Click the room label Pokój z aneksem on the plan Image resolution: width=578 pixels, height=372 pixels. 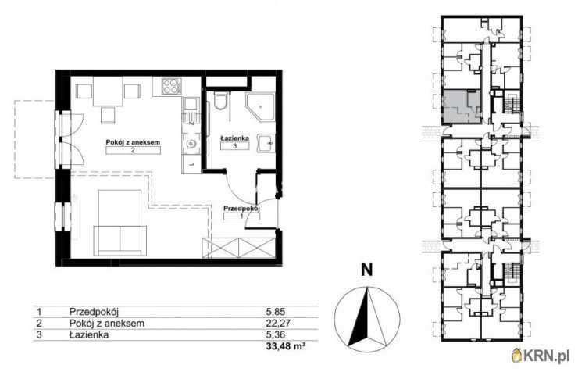coord(133,142)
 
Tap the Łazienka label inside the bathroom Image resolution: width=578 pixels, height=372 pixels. coord(235,138)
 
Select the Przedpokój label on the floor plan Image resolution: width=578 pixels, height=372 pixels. coord(242,209)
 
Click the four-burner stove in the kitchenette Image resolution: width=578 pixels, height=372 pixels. coord(171,86)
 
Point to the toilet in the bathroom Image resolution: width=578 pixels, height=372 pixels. coord(220,101)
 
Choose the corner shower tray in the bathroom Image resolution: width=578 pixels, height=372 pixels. coord(260,106)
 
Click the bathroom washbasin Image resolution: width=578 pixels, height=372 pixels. coord(266,142)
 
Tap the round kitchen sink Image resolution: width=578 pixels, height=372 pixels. coord(191,144)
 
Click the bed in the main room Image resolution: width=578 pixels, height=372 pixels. coord(120,223)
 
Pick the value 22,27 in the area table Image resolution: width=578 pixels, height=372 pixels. coord(278,324)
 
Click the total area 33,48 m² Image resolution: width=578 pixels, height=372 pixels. coord(286,346)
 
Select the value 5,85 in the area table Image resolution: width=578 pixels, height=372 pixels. coord(276,312)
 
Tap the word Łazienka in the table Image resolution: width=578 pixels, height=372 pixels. coord(89,334)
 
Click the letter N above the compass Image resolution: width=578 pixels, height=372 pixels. coord(367,270)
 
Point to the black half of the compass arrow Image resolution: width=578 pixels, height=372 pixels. coord(359,317)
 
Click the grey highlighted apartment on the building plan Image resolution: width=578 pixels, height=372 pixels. coord(462,106)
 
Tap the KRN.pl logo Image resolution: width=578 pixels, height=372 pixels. coord(543,356)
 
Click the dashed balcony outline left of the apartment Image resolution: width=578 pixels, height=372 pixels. coord(16,139)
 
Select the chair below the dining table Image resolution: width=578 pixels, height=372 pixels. coord(108,115)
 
